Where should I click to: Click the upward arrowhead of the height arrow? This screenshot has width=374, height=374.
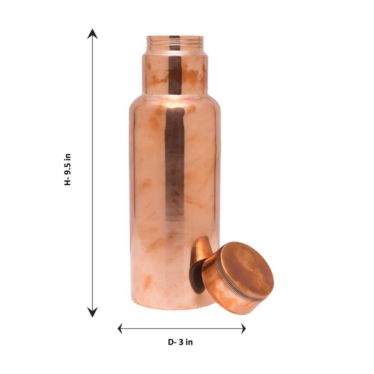pyautogui.click(x=92, y=34)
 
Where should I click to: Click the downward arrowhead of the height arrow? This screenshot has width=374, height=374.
pyautogui.click(x=92, y=312)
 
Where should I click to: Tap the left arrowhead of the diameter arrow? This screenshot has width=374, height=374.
pyautogui.click(x=120, y=328)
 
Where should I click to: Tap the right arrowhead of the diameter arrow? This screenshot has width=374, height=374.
pyautogui.click(x=243, y=328)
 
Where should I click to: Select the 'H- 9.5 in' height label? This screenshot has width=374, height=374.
pyautogui.click(x=68, y=169)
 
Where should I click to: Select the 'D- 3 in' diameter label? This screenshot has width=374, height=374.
pyautogui.click(x=180, y=342)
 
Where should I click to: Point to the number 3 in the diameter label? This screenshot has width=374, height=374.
pyautogui.click(x=181, y=342)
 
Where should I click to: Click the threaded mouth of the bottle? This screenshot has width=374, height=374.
pyautogui.click(x=175, y=43)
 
